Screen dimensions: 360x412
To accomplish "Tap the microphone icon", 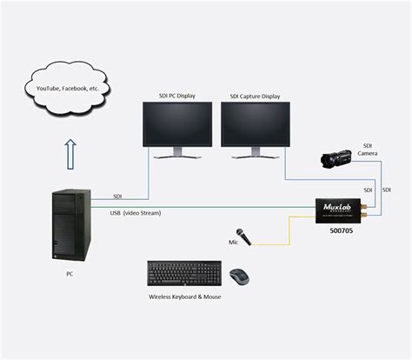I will pyautogui.click(x=245, y=234).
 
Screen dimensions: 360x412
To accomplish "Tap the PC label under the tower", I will pyautogui.click(x=70, y=274).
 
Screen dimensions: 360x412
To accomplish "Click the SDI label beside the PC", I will pyautogui.click(x=117, y=197).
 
